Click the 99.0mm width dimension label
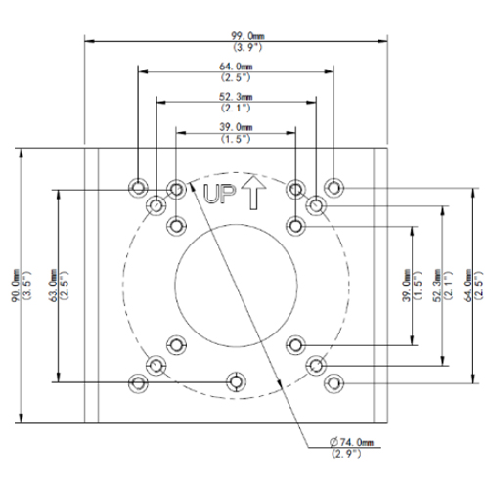tap(247, 36)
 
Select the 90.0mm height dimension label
tap(16, 286)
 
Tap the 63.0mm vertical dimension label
tap(54, 286)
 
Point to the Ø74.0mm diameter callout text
tap(351, 442)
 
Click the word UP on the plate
tap(219, 194)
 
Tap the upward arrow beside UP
tap(253, 193)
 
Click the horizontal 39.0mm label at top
tap(236, 127)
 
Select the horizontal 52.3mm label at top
tap(236, 97)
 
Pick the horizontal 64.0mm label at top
tap(236, 67)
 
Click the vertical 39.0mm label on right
tap(407, 286)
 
